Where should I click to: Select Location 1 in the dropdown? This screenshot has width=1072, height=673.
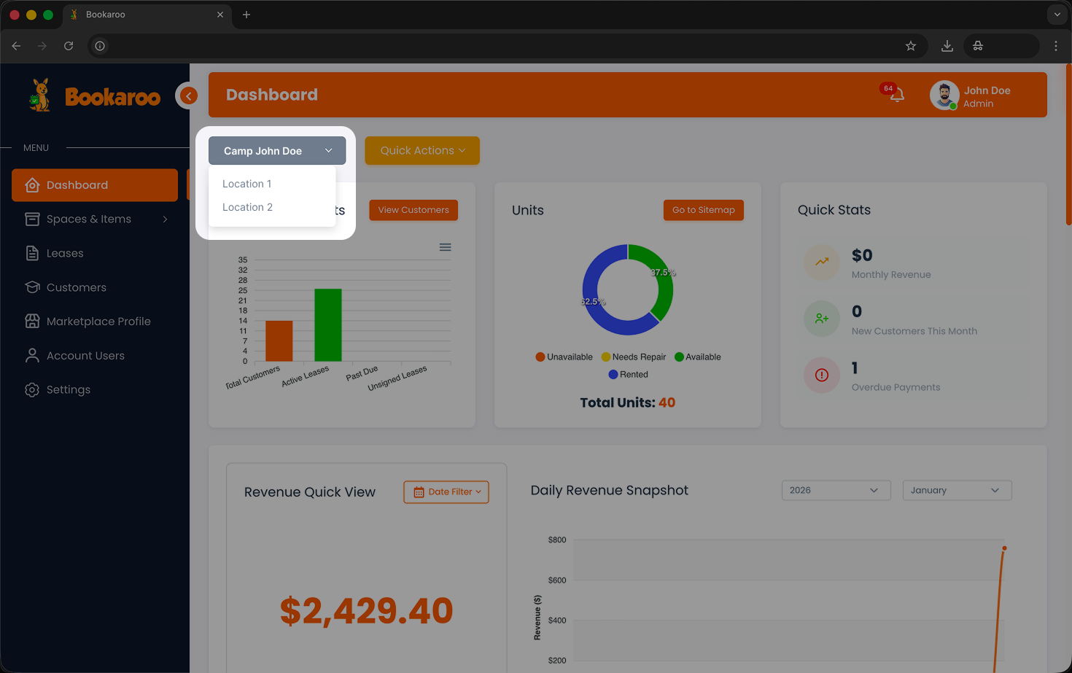click(247, 184)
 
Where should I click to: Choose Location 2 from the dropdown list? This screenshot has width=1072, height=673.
click(248, 207)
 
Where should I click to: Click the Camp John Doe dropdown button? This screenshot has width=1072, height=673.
click(277, 151)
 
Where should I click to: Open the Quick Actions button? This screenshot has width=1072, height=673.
click(422, 150)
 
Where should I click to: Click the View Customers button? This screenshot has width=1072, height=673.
click(413, 210)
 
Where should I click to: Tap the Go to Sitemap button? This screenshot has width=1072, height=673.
click(703, 210)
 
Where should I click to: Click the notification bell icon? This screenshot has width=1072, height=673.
click(897, 95)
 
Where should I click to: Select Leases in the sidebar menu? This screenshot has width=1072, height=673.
click(65, 253)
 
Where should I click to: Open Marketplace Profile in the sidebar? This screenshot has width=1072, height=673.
click(98, 322)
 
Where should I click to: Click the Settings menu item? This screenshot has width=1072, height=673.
click(69, 389)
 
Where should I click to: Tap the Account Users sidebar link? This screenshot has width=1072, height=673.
click(85, 356)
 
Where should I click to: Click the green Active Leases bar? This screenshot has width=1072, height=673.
click(328, 324)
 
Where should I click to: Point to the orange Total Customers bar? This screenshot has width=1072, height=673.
click(279, 341)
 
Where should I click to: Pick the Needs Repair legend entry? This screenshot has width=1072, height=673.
click(634, 357)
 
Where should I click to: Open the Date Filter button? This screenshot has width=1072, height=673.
click(446, 492)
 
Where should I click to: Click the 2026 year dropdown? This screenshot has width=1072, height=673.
click(836, 490)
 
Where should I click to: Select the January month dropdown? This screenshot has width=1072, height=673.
click(957, 490)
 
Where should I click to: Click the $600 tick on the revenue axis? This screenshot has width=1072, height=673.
click(557, 580)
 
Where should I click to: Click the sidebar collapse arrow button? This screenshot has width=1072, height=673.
click(188, 96)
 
